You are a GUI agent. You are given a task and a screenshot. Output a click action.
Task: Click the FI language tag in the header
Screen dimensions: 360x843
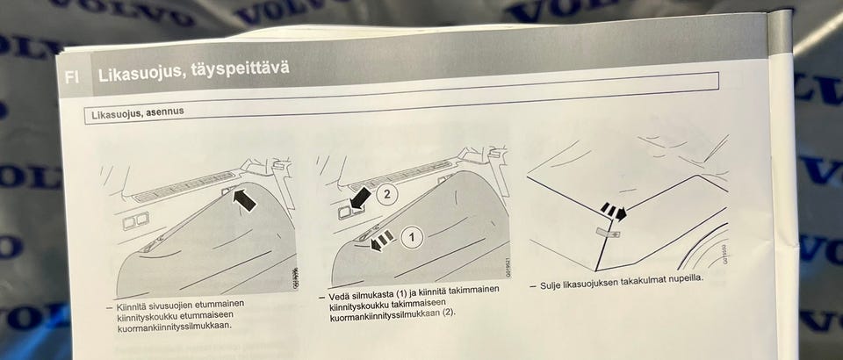click(x=71, y=77)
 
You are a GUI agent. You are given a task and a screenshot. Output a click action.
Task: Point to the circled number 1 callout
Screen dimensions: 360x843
click(x=412, y=234)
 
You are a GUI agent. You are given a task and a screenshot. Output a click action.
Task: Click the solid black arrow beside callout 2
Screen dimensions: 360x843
click(x=359, y=200)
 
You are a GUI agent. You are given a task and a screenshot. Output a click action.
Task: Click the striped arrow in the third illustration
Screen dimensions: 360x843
click(x=613, y=212)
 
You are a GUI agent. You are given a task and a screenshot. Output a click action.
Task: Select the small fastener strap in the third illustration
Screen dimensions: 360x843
click(x=606, y=233)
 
